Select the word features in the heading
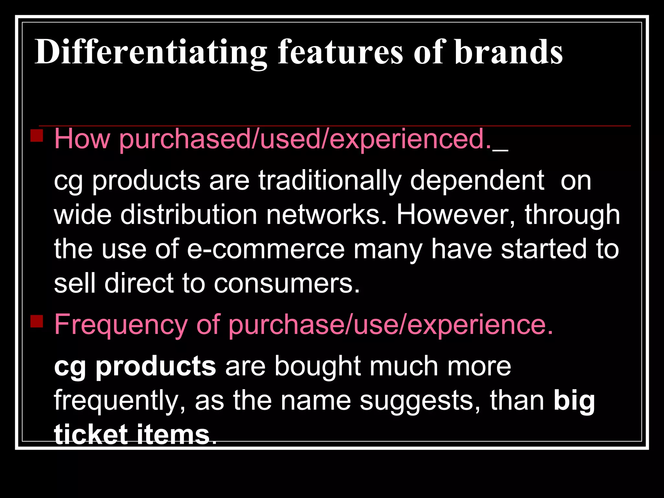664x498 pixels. (x=340, y=52)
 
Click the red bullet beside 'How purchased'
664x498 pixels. (x=37, y=136)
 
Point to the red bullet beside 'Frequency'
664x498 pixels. (x=37, y=321)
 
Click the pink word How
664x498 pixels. (x=82, y=139)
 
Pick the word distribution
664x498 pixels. (x=189, y=215)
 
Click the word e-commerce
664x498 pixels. (x=266, y=249)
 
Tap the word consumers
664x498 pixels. (x=287, y=283)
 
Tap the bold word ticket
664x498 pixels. (x=91, y=434)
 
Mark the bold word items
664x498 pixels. (x=173, y=434)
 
